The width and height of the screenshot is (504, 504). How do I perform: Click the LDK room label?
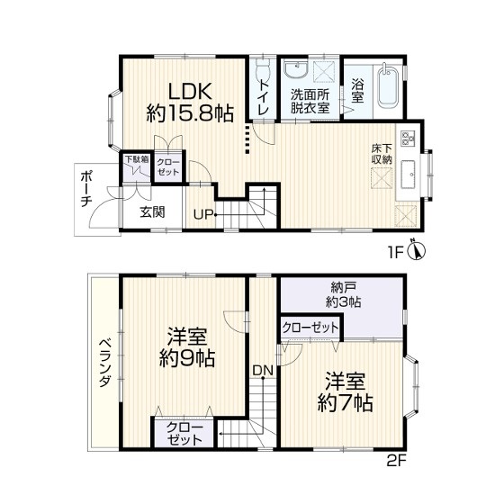[190, 91]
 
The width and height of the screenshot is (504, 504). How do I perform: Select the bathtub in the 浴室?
[388, 86]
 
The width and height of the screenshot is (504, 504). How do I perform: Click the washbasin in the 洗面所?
[296, 70]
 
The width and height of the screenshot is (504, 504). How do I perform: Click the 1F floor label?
[395, 253]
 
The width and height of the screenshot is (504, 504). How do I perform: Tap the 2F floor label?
[397, 462]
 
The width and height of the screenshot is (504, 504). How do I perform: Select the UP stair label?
[203, 214]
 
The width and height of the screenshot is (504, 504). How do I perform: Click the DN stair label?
[263, 371]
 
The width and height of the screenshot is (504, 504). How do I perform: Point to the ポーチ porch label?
[86, 189]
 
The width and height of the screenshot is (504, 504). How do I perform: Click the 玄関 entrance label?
[152, 212]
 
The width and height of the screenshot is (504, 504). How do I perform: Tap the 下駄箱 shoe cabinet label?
[137, 159]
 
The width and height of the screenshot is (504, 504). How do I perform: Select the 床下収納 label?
[382, 154]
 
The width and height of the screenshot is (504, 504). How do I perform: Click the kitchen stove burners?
[408, 139]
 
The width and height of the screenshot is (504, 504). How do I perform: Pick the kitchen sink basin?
[408, 175]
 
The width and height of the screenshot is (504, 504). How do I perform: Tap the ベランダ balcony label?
[104, 364]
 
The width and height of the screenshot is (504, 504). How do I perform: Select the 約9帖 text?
[188, 358]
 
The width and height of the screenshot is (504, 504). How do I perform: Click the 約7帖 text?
[346, 403]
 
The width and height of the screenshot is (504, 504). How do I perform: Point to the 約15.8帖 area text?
[190, 113]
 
